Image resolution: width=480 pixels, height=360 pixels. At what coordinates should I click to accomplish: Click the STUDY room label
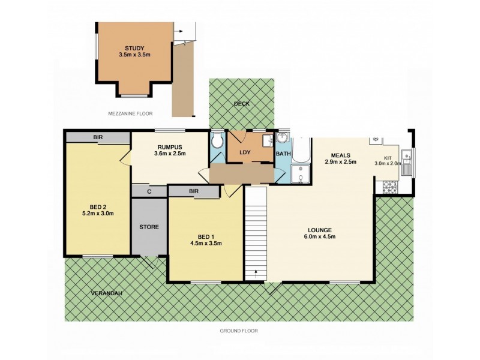(134, 48)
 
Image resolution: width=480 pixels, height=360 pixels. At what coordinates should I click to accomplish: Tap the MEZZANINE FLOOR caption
(130, 113)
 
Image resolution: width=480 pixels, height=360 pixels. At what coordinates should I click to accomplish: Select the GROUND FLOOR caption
(238, 330)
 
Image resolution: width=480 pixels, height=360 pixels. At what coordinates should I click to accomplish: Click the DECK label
(242, 103)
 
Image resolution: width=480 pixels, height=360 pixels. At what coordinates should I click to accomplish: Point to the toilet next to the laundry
(217, 142)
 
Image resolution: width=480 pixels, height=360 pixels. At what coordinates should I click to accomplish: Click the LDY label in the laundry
(244, 152)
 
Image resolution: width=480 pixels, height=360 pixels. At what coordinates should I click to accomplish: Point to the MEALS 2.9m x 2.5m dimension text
(341, 161)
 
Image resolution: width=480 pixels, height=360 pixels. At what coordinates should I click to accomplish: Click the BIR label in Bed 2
(97, 137)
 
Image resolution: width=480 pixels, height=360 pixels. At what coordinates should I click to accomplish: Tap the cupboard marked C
(149, 191)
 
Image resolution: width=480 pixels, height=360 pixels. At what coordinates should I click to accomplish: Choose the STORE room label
(148, 227)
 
